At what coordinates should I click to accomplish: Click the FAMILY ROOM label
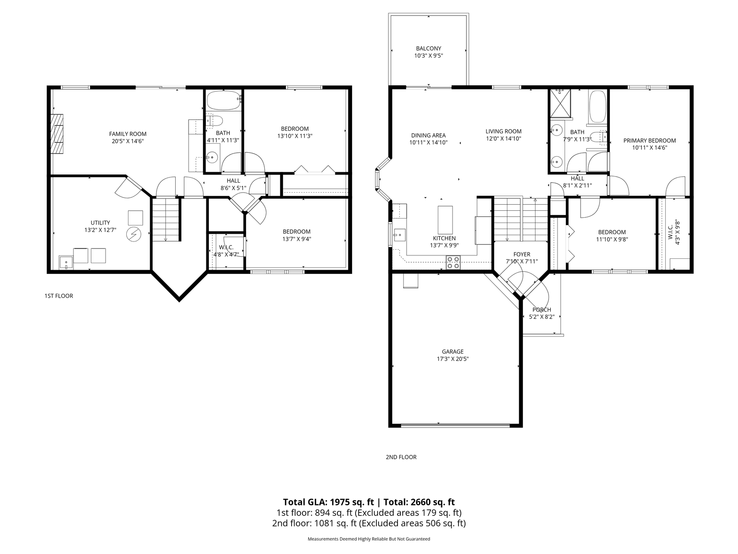pyautogui.click(x=128, y=134)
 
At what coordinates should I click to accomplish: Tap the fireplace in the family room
pyautogui.click(x=57, y=134)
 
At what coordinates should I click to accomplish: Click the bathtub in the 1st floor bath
pyautogui.click(x=223, y=101)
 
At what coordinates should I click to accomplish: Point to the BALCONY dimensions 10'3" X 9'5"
pyautogui.click(x=428, y=56)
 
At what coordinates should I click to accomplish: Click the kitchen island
pyautogui.click(x=445, y=220)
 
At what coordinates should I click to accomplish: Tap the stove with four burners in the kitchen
pyautogui.click(x=453, y=263)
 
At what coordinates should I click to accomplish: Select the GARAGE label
pyautogui.click(x=452, y=351)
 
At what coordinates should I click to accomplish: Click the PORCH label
pyautogui.click(x=542, y=309)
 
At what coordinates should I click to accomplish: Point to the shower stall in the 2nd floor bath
pyautogui.click(x=561, y=103)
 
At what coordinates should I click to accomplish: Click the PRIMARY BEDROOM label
pyautogui.click(x=649, y=140)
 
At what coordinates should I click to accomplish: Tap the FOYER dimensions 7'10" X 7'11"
pyautogui.click(x=522, y=261)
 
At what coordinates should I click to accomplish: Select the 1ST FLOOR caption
pyautogui.click(x=58, y=296)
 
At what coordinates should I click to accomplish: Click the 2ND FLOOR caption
pyautogui.click(x=401, y=457)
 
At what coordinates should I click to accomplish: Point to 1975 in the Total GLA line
pyautogui.click(x=340, y=502)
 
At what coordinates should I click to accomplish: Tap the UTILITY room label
pyautogui.click(x=100, y=223)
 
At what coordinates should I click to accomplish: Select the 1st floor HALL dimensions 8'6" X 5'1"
pyautogui.click(x=233, y=188)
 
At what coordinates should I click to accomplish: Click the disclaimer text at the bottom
pyautogui.click(x=369, y=539)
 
